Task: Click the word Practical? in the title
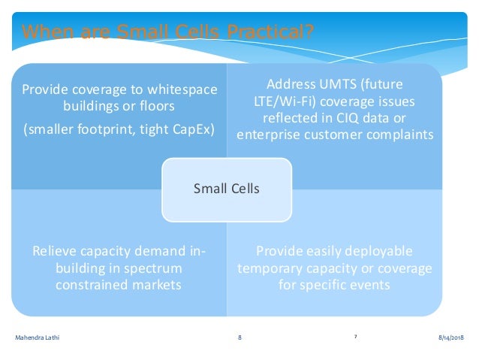coord(271,32)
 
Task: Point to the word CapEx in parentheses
coord(194,129)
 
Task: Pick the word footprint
coord(120,129)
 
